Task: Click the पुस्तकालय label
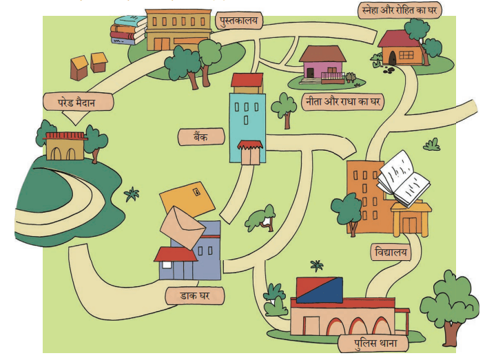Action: pyautogui.click(x=239, y=21)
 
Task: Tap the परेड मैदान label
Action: pyautogui.click(x=78, y=102)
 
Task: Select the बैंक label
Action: pyautogui.click(x=201, y=136)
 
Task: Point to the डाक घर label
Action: pyautogui.click(x=195, y=295)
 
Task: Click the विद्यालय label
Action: pyautogui.click(x=391, y=252)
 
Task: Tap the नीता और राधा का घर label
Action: pyautogui.click(x=342, y=101)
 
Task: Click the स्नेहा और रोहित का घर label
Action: pyautogui.click(x=400, y=10)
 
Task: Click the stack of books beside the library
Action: pyautogui.click(x=128, y=30)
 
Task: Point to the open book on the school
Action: pyautogui.click(x=403, y=178)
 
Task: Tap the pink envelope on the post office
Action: pyautogui.click(x=182, y=227)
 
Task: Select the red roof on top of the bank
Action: pyautogui.click(x=247, y=80)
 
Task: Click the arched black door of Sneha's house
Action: pyautogui.click(x=392, y=58)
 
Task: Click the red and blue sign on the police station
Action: pyautogui.click(x=320, y=290)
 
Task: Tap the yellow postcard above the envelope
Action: pyautogui.click(x=187, y=200)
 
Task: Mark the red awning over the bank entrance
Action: pyautogui.click(x=250, y=145)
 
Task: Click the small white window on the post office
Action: pyautogui.click(x=167, y=265)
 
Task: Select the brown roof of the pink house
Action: pyautogui.click(x=322, y=54)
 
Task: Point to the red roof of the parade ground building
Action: pyautogui.click(x=65, y=136)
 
